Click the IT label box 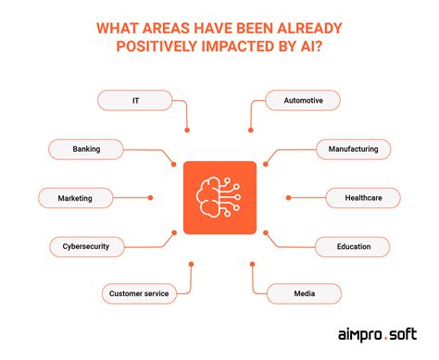coord(135,99)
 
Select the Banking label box coord(86,148)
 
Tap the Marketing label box coord(76,197)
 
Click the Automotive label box coord(303,99)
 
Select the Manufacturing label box coord(353,148)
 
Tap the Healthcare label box coord(363,197)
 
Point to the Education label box coord(353,246)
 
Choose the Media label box coord(303,294)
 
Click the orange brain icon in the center coord(219,197)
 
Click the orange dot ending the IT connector coord(188,129)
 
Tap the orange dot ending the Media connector coord(251,264)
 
